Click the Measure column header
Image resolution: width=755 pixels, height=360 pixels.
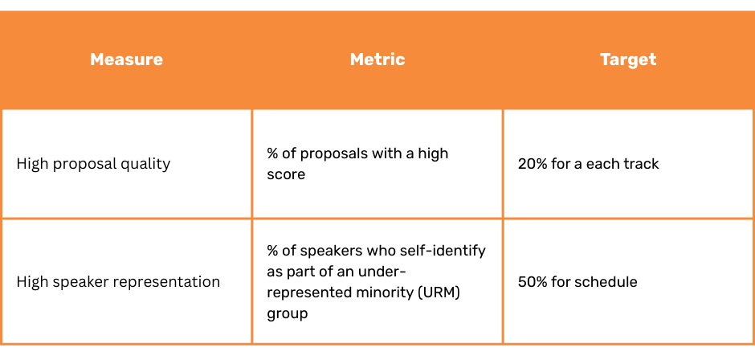126,59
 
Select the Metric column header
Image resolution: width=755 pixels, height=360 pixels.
377,59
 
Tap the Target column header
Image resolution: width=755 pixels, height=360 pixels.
628,59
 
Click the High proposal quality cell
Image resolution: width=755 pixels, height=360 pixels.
93,164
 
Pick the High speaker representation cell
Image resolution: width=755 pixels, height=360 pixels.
118,281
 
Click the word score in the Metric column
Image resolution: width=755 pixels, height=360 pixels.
286,174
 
